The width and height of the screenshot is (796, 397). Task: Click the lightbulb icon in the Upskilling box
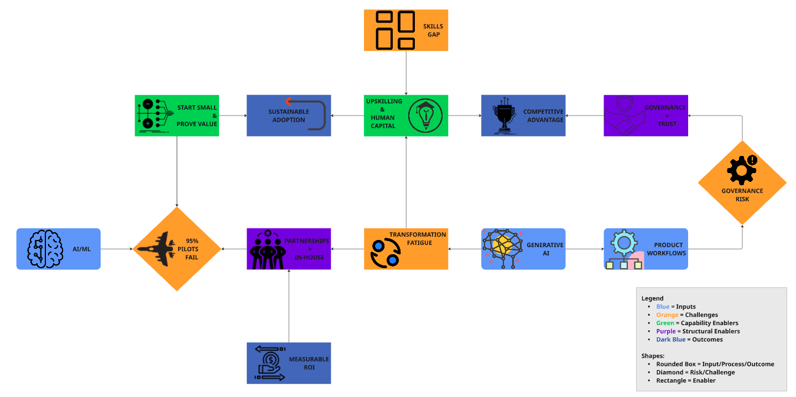[x=425, y=116]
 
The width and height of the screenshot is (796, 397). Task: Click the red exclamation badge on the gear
[x=752, y=160]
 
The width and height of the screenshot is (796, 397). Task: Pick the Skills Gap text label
[x=433, y=30]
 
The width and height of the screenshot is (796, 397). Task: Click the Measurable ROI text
[x=309, y=363]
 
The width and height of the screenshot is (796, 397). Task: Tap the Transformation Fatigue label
[x=418, y=238]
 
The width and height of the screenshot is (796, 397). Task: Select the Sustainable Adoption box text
[x=288, y=116]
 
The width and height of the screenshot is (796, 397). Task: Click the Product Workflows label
[x=669, y=249]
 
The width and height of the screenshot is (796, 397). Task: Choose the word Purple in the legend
[x=666, y=331]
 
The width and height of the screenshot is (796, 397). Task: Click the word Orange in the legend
[x=667, y=315]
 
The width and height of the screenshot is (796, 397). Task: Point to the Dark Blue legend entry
[x=670, y=339]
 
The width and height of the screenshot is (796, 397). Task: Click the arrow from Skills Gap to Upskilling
[x=406, y=72]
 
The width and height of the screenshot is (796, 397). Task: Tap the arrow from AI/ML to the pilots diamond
[x=116, y=249]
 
